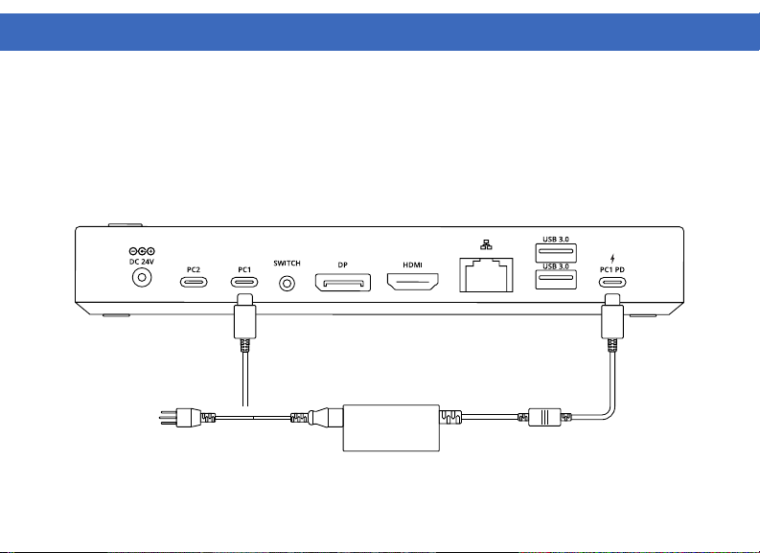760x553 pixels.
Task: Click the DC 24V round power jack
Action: tap(143, 278)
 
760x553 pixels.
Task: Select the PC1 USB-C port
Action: tap(244, 283)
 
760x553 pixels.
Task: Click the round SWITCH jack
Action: tap(287, 284)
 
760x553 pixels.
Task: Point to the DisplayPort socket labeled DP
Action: tap(341, 283)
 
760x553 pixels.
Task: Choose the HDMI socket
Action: tap(412, 282)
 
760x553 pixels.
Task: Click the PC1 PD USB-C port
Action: tap(611, 283)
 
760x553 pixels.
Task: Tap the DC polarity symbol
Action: tap(142, 251)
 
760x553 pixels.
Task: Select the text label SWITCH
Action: tap(287, 263)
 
